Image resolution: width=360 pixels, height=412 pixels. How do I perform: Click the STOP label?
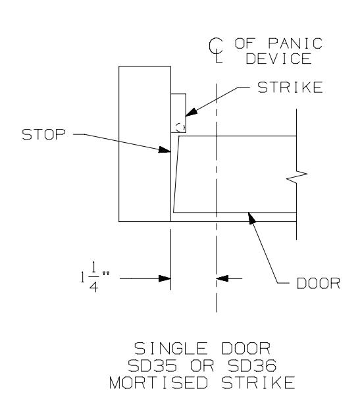point(43,134)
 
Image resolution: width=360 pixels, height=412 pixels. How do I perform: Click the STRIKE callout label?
point(290,88)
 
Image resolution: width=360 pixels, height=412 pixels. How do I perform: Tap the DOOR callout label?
point(319,283)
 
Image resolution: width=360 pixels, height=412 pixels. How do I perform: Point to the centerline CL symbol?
point(216,50)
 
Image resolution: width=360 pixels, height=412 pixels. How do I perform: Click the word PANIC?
point(296,43)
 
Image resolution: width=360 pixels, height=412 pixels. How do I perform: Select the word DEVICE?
point(279,59)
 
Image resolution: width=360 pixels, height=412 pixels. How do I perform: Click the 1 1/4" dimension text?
point(95,278)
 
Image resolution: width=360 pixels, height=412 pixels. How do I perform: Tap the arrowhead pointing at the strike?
point(192,112)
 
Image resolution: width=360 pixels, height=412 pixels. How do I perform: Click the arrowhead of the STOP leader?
point(165,150)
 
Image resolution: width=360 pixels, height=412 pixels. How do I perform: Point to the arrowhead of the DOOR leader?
point(252,219)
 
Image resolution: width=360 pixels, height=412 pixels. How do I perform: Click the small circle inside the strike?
point(180,128)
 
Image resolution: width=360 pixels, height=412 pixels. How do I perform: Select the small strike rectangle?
point(178,113)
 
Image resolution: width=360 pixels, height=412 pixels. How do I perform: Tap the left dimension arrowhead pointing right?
point(165,278)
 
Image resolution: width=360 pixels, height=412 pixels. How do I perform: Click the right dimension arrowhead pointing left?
point(222,278)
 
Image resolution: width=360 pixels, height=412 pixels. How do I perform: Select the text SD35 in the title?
point(152,365)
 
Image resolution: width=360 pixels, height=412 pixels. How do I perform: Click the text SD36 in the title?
point(252,365)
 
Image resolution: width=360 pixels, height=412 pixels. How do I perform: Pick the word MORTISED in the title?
point(159,382)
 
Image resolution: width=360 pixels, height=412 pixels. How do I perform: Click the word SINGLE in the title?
point(170,349)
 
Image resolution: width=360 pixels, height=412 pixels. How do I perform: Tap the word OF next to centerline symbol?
point(245,43)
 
